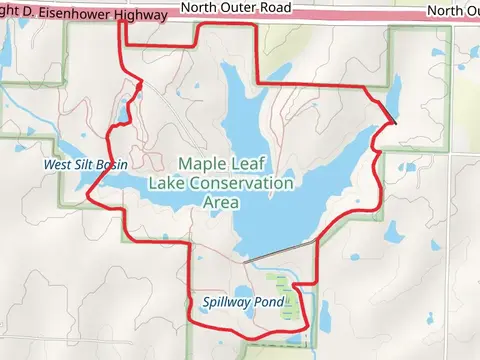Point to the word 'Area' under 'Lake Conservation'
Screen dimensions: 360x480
221,202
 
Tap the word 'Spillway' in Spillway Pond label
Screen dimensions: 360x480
227,301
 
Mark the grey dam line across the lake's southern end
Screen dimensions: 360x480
279,252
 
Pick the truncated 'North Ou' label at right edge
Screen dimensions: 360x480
452,10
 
